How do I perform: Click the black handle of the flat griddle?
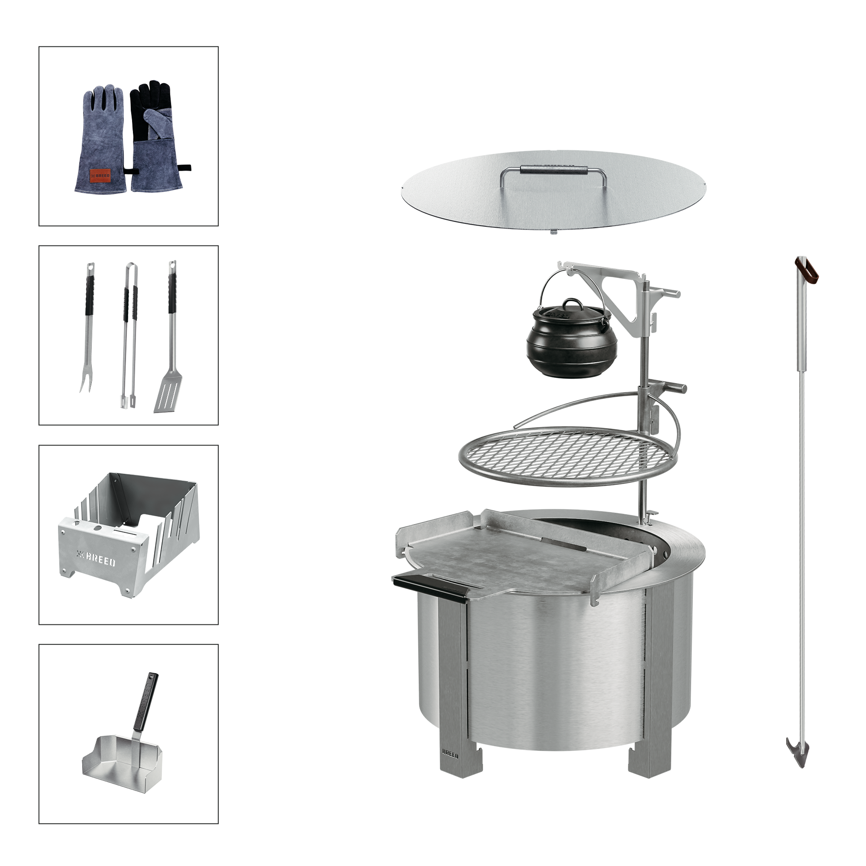coord(430,588)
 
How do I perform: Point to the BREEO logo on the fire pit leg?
coord(450,753)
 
